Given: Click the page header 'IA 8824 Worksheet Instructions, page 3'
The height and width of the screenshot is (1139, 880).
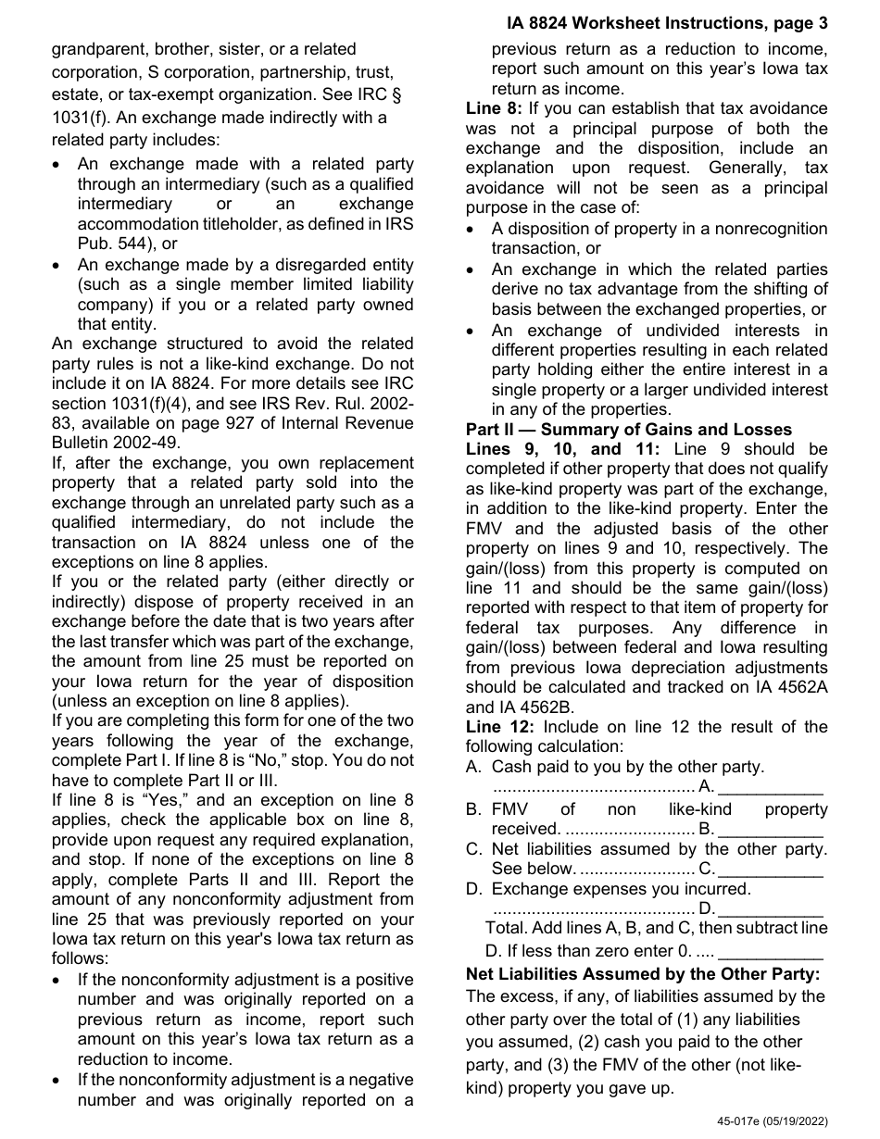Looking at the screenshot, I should tap(667, 23).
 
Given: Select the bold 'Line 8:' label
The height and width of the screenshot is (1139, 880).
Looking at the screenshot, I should tap(495, 109).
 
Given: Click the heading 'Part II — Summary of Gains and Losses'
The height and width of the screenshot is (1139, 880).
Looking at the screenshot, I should tap(629, 430).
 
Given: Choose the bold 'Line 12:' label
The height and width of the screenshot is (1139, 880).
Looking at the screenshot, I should tap(499, 727).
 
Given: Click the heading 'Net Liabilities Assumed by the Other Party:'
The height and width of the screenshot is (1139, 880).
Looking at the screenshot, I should tap(643, 973).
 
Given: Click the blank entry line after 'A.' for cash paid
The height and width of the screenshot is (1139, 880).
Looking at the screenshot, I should tap(771, 788).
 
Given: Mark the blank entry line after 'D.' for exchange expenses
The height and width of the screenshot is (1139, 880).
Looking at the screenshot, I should tap(771, 909).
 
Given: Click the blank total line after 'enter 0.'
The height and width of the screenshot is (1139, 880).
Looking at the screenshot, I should tap(771, 951).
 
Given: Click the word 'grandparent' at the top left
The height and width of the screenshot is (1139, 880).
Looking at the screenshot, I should tap(94, 48).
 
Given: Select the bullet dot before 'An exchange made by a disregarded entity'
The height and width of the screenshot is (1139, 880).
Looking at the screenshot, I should tap(59, 265).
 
